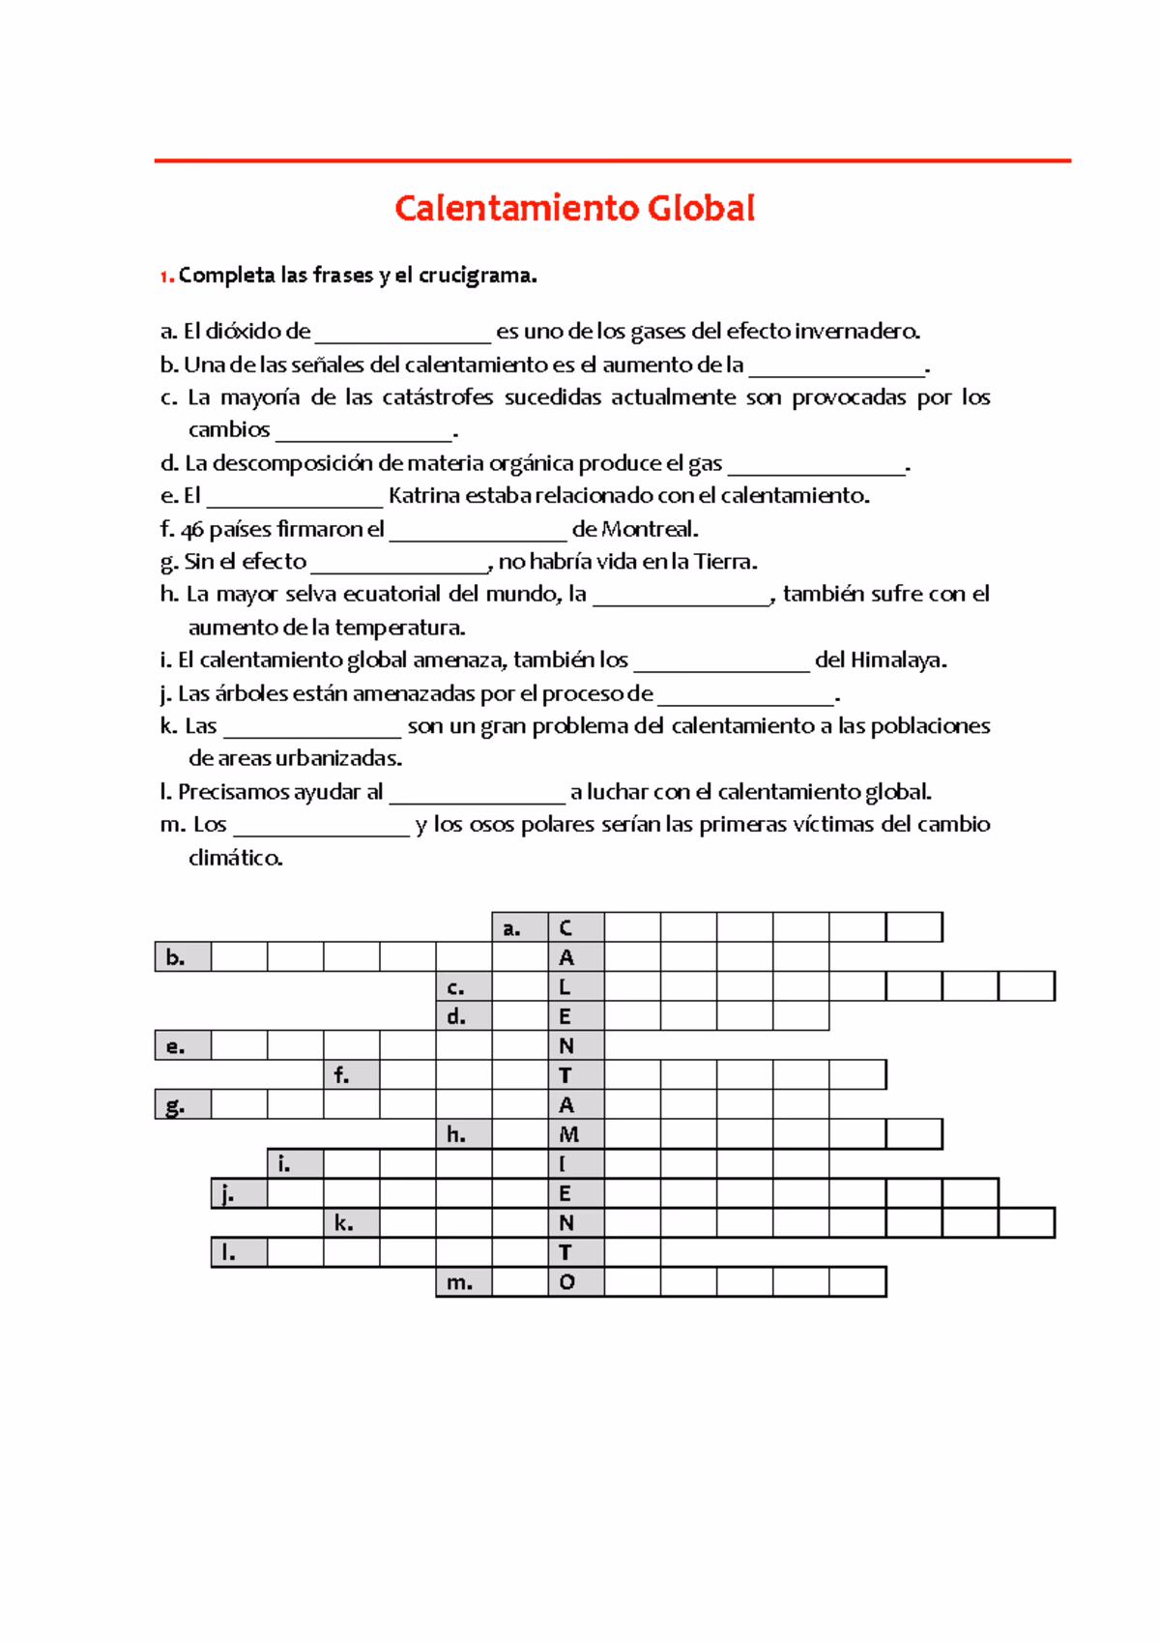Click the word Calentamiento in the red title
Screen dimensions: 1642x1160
point(516,208)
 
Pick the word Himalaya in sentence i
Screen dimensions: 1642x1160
point(897,660)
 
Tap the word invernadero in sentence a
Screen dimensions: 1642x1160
point(856,332)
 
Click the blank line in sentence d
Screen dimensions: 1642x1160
point(816,468)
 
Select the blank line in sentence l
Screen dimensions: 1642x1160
point(477,797)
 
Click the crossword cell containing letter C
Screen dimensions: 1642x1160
point(576,927)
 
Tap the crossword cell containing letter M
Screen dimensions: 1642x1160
point(576,1134)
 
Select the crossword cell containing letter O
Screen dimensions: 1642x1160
point(576,1282)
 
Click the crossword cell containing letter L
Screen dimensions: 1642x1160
point(576,987)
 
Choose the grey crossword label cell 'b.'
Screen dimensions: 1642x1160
point(183,957)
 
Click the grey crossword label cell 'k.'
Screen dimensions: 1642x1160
point(352,1223)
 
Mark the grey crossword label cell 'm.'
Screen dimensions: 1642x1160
point(464,1282)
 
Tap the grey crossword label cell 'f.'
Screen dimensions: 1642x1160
point(352,1075)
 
